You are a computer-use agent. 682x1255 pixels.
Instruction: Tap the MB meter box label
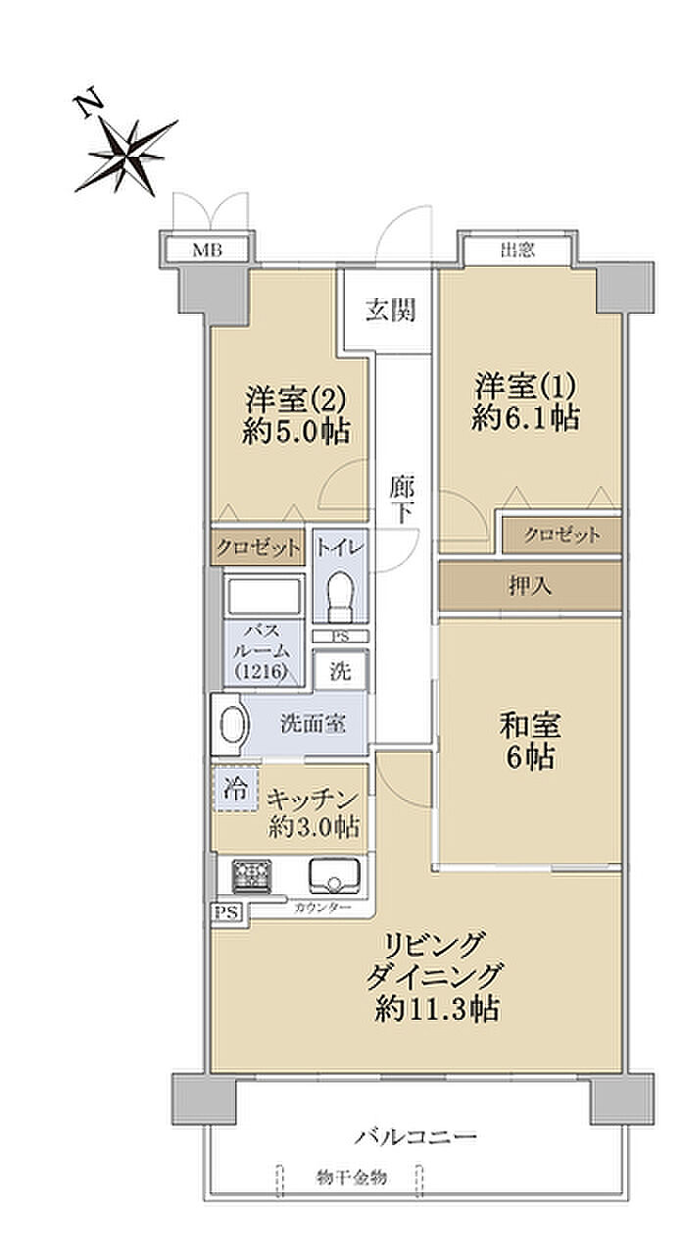[x=207, y=250]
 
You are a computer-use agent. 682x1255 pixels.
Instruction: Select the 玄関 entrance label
[x=391, y=310]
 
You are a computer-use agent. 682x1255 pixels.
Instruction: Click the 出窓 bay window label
[x=516, y=250]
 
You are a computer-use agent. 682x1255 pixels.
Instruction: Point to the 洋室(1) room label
[x=525, y=386]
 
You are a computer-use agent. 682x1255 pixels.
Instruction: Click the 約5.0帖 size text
[x=297, y=432]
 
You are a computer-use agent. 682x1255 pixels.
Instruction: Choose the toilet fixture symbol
[x=340, y=596]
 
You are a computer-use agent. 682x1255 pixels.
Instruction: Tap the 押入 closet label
[x=530, y=586]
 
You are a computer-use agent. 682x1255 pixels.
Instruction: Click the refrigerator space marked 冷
[x=236, y=789]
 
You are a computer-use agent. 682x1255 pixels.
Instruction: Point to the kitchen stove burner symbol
[x=252, y=876]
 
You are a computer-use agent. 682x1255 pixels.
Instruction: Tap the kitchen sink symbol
[x=334, y=876]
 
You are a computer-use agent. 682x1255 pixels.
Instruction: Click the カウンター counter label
[x=322, y=908]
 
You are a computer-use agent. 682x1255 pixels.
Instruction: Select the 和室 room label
[x=530, y=726]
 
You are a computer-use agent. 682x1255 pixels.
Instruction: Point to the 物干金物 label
[x=351, y=1178]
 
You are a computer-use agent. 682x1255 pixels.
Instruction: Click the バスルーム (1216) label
[x=263, y=650]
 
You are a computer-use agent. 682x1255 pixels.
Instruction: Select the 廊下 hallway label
[x=403, y=500]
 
